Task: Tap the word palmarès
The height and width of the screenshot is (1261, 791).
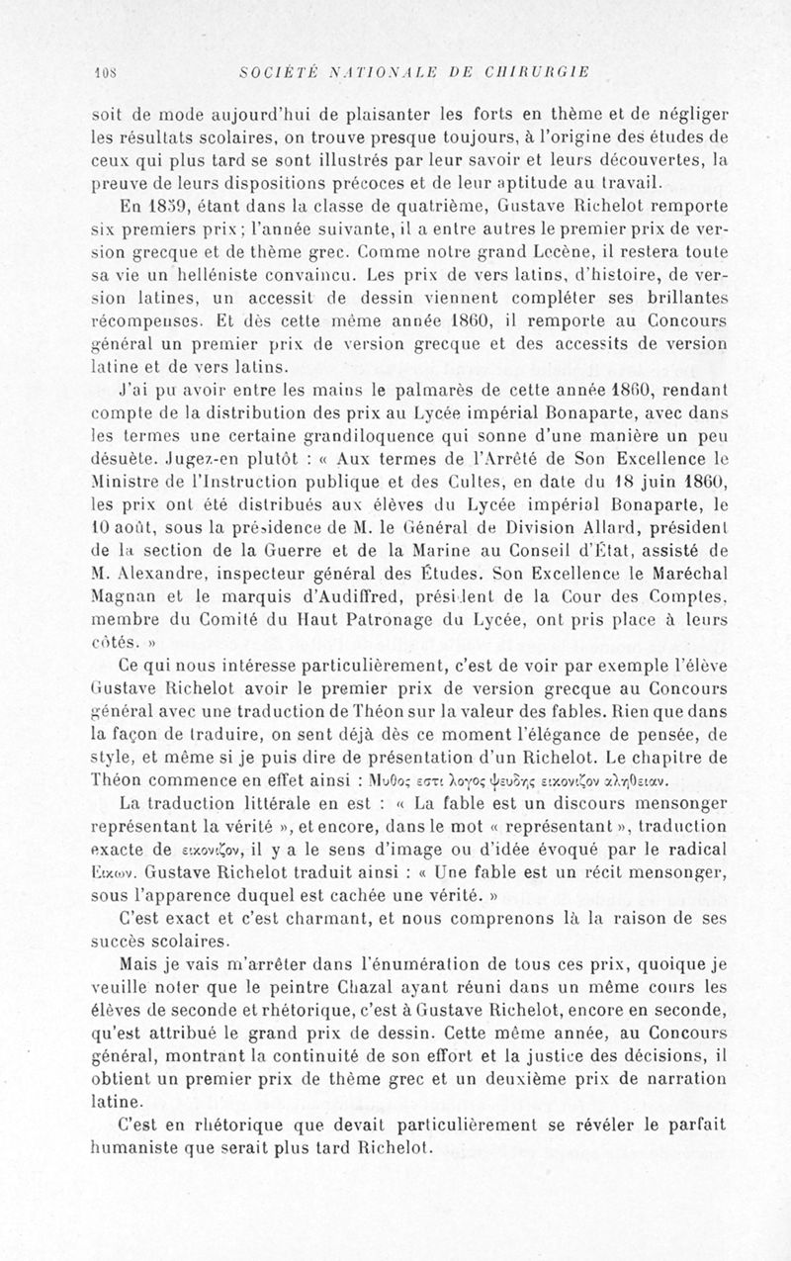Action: (x=422, y=390)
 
